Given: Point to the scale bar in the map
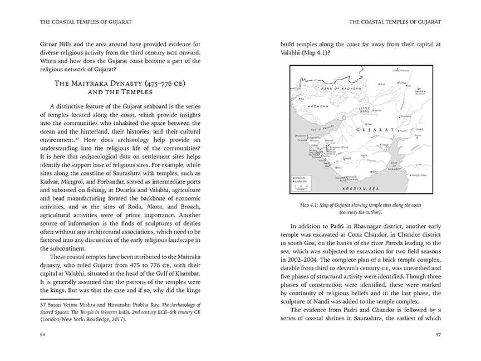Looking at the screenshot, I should tap(303, 187).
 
